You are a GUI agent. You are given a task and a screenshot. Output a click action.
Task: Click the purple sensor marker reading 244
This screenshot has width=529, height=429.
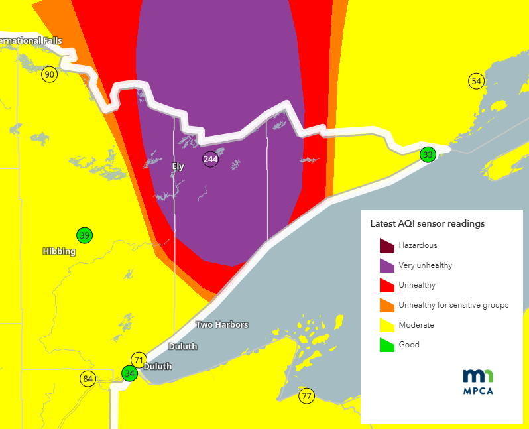pos(210,159)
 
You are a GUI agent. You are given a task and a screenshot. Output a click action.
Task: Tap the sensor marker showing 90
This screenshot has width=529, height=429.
pos(49,74)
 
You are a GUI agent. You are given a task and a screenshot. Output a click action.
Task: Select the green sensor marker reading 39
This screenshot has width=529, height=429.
pos(84,235)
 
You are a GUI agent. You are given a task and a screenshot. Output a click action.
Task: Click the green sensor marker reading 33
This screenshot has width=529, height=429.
pos(428,154)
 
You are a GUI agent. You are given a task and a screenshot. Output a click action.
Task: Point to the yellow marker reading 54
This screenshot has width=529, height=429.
pos(475,81)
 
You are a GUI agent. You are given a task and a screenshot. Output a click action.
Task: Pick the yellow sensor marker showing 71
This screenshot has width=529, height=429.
pos(138,360)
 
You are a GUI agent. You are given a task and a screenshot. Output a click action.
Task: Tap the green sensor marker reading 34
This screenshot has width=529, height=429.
pos(130,373)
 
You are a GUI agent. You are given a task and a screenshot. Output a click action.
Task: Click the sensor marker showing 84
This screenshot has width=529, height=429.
pos(88,379)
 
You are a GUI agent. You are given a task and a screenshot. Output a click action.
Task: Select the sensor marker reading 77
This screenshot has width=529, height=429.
pos(306,397)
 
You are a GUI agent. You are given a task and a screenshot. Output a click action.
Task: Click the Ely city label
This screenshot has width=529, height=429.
pos(178,167)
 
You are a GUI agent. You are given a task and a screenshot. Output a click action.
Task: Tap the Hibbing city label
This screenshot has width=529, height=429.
pos(59,251)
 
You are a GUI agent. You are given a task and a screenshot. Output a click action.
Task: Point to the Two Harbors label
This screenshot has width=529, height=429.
pos(222,324)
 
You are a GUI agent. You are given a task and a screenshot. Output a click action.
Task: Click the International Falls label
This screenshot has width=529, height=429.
pos(30,41)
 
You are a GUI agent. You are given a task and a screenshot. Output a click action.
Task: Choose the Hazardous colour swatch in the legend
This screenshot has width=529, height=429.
pos(387,245)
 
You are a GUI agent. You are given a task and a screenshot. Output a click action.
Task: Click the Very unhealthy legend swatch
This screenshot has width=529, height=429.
pos(387,265)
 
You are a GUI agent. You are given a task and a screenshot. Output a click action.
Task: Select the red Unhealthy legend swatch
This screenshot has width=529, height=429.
pos(387,285)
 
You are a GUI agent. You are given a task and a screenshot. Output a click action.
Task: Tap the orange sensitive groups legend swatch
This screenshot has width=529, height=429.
pos(387,305)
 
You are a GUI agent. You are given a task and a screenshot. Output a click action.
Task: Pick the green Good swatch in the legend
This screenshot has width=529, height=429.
pos(387,345)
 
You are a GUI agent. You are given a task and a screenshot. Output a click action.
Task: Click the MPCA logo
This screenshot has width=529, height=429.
pos(477,381)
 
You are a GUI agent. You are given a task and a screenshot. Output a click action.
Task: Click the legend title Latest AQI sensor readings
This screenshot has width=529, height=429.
pos(427,223)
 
